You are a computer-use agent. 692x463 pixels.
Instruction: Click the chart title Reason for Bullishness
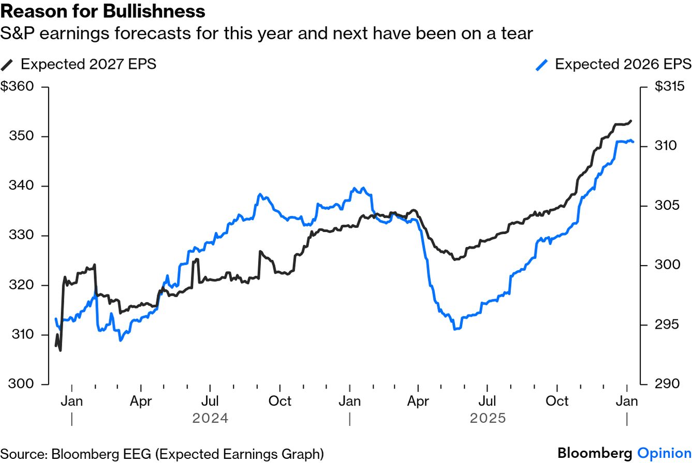[x=103, y=11]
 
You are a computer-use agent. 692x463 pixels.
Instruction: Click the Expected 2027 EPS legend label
[x=88, y=64]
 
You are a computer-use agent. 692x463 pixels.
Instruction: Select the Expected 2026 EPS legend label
[x=623, y=64]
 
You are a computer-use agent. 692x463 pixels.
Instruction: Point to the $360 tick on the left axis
[x=17, y=86]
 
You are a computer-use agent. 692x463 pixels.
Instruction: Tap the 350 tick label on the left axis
[x=21, y=136]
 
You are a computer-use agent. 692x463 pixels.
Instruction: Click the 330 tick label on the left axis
[x=21, y=236]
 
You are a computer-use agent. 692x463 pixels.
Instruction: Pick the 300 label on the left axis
[x=21, y=384]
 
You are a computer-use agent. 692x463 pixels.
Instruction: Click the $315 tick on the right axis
[x=669, y=86]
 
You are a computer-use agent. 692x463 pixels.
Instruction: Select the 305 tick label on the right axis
[x=667, y=206]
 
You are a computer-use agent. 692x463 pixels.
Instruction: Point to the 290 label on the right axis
[x=667, y=384]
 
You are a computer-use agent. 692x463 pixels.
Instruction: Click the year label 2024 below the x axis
[x=210, y=418]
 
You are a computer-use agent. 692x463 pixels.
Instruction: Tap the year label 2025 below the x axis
[x=488, y=418]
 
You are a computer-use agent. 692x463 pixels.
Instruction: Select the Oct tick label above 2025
[x=557, y=401]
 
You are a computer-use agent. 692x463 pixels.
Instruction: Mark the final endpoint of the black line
[x=631, y=121]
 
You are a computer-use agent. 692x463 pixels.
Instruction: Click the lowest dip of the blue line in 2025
[x=454, y=329]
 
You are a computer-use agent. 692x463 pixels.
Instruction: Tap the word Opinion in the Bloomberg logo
[x=664, y=453]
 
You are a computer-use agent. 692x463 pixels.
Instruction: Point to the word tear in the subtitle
[x=514, y=34]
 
